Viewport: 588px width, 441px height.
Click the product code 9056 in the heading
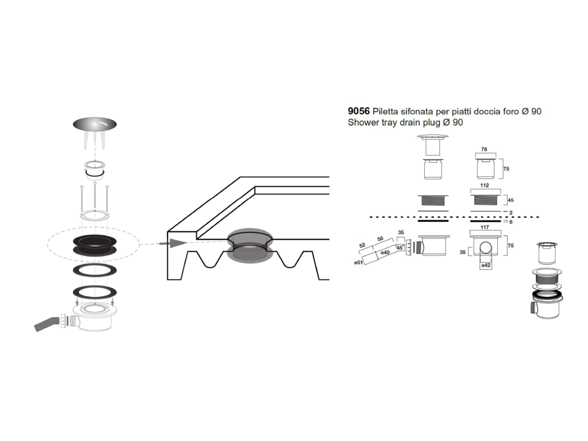click(x=358, y=111)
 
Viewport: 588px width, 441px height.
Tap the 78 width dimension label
click(x=484, y=149)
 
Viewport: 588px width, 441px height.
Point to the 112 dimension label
click(x=485, y=185)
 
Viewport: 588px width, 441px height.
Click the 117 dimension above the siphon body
click(x=485, y=227)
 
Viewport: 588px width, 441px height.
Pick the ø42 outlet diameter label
click(x=486, y=265)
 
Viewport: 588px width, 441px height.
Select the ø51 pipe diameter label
click(x=358, y=262)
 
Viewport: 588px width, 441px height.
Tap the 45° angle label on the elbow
click(x=400, y=248)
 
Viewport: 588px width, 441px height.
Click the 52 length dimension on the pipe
click(x=362, y=246)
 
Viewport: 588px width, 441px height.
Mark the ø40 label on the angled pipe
click(x=385, y=253)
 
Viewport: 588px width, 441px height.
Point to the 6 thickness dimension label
click(x=510, y=222)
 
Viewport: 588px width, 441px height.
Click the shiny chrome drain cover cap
click(x=95, y=124)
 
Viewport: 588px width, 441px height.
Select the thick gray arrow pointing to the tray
click(x=173, y=243)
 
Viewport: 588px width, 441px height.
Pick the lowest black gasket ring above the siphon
click(x=95, y=292)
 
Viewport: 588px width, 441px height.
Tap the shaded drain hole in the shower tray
click(x=249, y=245)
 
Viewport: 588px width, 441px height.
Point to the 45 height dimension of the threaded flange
click(x=510, y=200)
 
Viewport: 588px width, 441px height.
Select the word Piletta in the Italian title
click(x=386, y=111)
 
